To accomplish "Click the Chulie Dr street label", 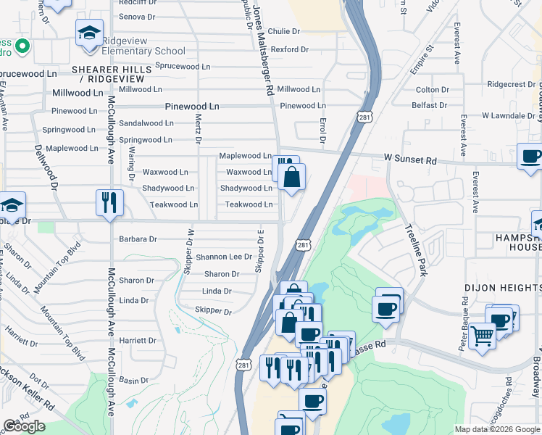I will [x=283, y=31].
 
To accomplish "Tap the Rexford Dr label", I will [x=291, y=49].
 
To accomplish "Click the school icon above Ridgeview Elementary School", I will [x=89, y=33].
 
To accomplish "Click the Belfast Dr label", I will [x=430, y=105].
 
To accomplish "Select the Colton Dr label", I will [x=433, y=89].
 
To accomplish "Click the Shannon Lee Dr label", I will [x=224, y=257].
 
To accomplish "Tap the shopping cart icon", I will [x=483, y=335].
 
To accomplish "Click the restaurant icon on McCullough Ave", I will [x=109, y=202].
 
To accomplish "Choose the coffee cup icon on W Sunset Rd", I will [x=530, y=156].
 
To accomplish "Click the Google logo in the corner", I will [x=24, y=426].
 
